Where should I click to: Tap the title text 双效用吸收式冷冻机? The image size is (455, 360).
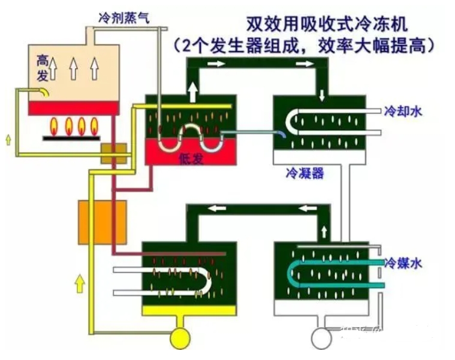tap(327, 25)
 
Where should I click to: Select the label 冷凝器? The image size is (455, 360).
tap(305, 174)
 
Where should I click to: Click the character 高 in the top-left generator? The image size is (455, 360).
tap(43, 60)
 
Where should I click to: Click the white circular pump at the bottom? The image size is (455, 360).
tap(321, 339)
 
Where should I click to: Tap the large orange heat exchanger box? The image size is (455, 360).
tap(103, 222)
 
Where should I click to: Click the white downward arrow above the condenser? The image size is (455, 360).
tap(323, 95)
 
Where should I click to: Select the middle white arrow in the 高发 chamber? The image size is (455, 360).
tap(74, 68)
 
